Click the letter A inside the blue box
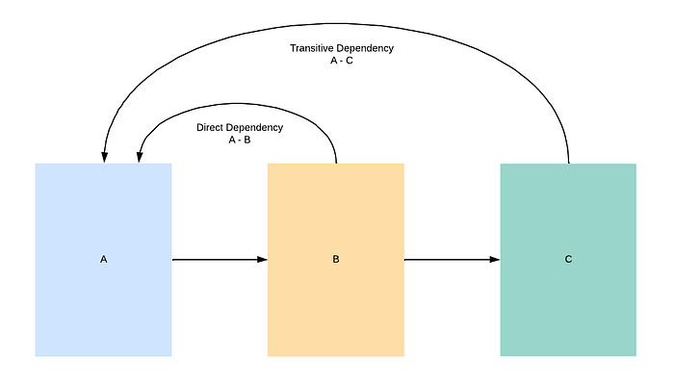pyautogui.click(x=104, y=259)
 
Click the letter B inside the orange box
pyautogui.click(x=336, y=259)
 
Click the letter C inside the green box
pyautogui.click(x=568, y=259)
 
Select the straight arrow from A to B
pyautogui.click(x=220, y=260)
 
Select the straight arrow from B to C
pyautogui.click(x=453, y=260)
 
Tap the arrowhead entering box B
pyautogui.click(x=262, y=260)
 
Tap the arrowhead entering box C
pyautogui.click(x=495, y=260)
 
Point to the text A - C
pyautogui.click(x=342, y=61)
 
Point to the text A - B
pyautogui.click(x=240, y=140)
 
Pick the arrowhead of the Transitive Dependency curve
pyautogui.click(x=104, y=157)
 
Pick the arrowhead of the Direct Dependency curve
pyautogui.click(x=140, y=157)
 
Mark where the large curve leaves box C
pyautogui.click(x=569, y=164)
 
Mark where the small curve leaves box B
pyautogui.click(x=336, y=164)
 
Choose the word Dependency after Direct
pyautogui.click(x=255, y=128)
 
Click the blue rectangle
pyautogui.click(x=104, y=260)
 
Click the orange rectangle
pyautogui.click(x=336, y=260)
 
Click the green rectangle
pyautogui.click(x=568, y=260)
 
